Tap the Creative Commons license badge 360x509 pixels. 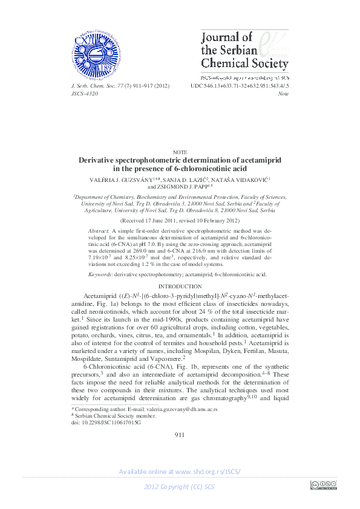pos(323,485)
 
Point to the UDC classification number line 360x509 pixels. pos(240,86)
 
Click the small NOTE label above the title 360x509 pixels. pos(180,152)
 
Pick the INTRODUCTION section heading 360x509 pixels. pos(180,286)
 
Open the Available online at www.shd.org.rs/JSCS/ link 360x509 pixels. pos(180,472)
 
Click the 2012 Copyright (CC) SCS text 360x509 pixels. pos(180,487)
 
